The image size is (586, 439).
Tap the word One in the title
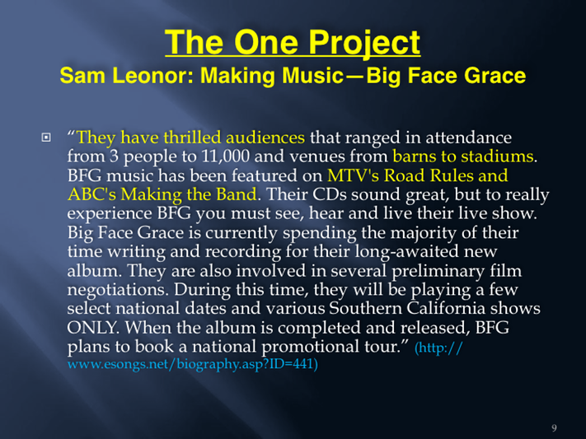coord(265,42)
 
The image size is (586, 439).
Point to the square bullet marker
coord(46,138)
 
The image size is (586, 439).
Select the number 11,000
coord(225,156)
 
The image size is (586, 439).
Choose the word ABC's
coord(91,194)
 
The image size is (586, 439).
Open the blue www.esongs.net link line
coord(193,363)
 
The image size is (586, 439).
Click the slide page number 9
coord(554,428)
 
